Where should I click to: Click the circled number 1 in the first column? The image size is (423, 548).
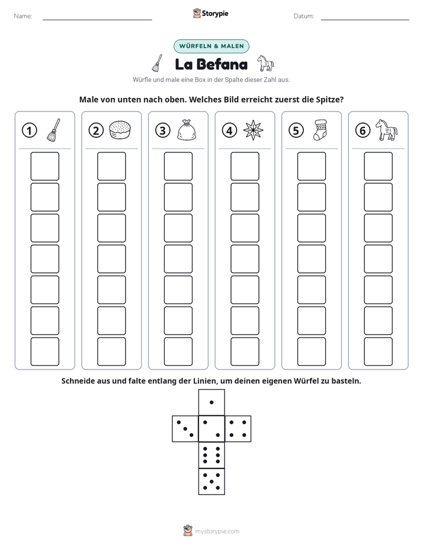pyautogui.click(x=29, y=130)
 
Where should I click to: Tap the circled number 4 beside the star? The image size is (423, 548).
pyautogui.click(x=229, y=130)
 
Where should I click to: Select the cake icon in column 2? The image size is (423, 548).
pyautogui.click(x=120, y=130)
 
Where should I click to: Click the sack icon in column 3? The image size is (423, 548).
pyautogui.click(x=187, y=130)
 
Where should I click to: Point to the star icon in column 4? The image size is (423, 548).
pyautogui.click(x=253, y=130)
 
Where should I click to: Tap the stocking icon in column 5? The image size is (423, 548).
pyautogui.click(x=320, y=130)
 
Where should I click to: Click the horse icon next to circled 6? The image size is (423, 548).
pyautogui.click(x=386, y=130)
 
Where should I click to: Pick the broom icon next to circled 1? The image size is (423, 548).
pyautogui.click(x=53, y=130)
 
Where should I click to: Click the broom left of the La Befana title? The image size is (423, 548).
pyautogui.click(x=158, y=63)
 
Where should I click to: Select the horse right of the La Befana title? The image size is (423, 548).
pyautogui.click(x=265, y=63)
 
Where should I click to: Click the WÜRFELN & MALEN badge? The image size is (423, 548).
pyautogui.click(x=211, y=46)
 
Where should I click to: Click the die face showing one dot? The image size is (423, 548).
pyautogui.click(x=211, y=402)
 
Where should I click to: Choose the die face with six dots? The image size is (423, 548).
pyautogui.click(x=211, y=455)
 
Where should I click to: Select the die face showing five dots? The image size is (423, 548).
pyautogui.click(x=211, y=482)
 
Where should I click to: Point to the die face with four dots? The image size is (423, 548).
pyautogui.click(x=238, y=429)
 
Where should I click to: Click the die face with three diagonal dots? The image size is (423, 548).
pyautogui.click(x=185, y=429)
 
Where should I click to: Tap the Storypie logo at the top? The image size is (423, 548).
pyautogui.click(x=210, y=13)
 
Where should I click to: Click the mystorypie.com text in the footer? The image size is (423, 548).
pyautogui.click(x=217, y=531)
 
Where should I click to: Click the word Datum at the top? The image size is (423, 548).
pyautogui.click(x=304, y=16)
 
